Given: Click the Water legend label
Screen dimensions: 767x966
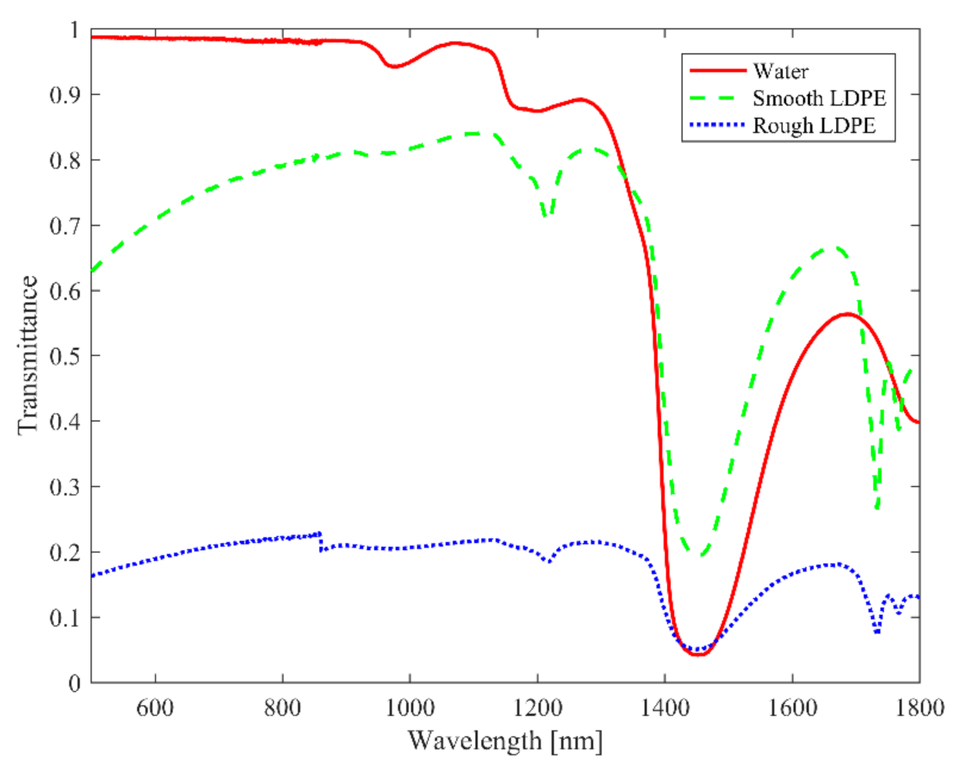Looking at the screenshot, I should pos(780,71).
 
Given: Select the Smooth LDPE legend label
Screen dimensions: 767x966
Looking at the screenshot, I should pos(818,98).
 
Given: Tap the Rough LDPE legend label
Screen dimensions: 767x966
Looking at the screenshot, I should pos(813,126).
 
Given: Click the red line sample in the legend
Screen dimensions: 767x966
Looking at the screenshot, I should pos(717,71).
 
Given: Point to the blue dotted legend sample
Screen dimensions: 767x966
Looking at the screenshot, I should pos(717,126).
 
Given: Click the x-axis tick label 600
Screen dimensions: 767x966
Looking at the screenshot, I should pos(155,707).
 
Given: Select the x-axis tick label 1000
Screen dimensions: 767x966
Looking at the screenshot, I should pos(409,707).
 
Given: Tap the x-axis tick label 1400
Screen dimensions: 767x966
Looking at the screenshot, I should pos(664,707).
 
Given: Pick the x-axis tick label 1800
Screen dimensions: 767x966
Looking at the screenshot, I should pos(919,707).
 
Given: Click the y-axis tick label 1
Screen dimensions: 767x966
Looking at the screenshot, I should pos(74,30).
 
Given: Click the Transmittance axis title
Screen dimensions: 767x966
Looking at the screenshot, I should pos(27,355).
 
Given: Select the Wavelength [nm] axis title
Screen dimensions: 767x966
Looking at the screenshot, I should pos(505,741).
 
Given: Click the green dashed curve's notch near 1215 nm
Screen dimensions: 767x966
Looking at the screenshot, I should pos(547,216).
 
